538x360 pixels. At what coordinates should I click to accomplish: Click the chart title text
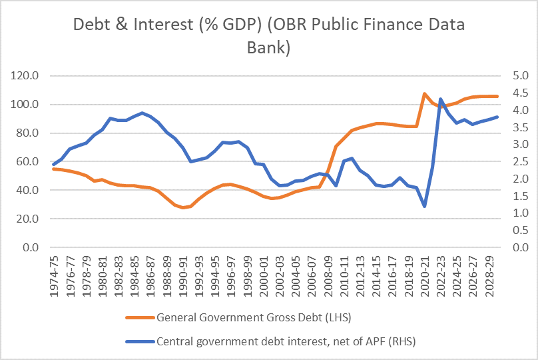268,37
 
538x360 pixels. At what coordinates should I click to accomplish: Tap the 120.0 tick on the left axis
26,76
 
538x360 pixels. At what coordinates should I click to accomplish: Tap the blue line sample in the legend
139,342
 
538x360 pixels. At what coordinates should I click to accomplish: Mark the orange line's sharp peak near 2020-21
424,94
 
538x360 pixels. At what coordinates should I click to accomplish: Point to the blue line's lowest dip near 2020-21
424,206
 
